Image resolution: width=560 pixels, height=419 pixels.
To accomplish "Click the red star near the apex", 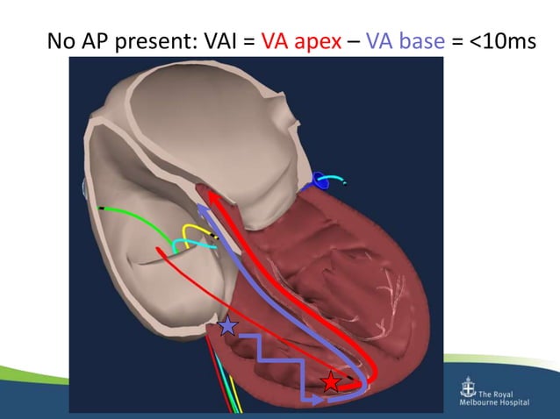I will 330,381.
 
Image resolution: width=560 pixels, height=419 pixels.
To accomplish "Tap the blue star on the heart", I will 227,326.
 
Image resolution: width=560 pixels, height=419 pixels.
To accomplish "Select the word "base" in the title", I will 419,41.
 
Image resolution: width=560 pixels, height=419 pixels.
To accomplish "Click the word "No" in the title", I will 64,41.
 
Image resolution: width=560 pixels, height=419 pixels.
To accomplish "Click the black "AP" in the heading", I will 104,41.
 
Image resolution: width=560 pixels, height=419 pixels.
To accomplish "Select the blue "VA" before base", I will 380,41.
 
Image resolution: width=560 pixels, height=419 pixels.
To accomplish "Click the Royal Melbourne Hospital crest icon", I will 469,391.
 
